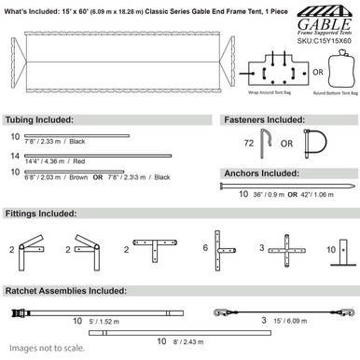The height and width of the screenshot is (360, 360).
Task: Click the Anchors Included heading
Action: coord(262,173)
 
